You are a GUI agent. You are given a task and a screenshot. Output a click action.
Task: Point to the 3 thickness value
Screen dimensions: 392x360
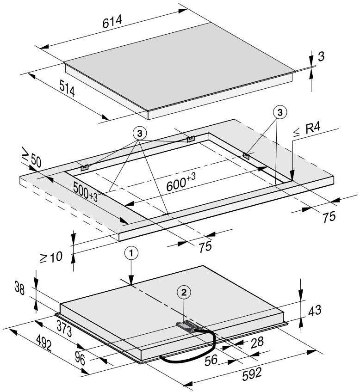[x=321, y=57]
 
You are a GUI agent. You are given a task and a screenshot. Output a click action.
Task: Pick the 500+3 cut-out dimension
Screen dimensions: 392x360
[x=86, y=190]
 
